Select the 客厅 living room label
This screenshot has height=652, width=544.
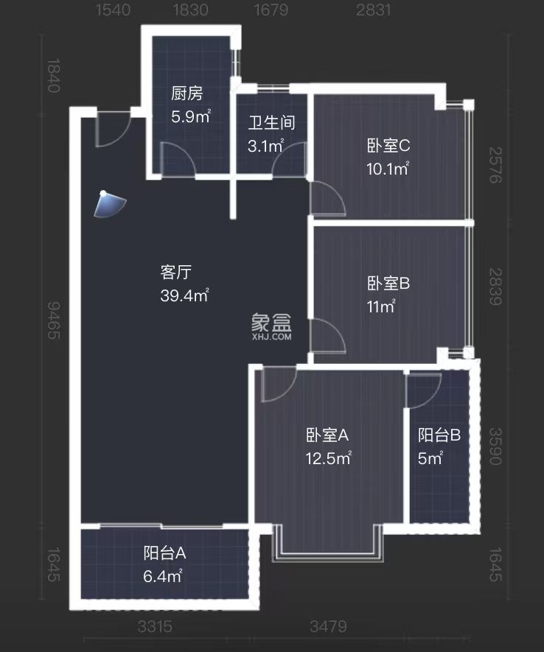pyautogui.click(x=176, y=273)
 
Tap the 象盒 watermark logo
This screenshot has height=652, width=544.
pyautogui.click(x=271, y=323)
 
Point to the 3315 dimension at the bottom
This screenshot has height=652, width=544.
pyautogui.click(x=155, y=627)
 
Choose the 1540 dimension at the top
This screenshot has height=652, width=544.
pyautogui.click(x=114, y=10)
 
